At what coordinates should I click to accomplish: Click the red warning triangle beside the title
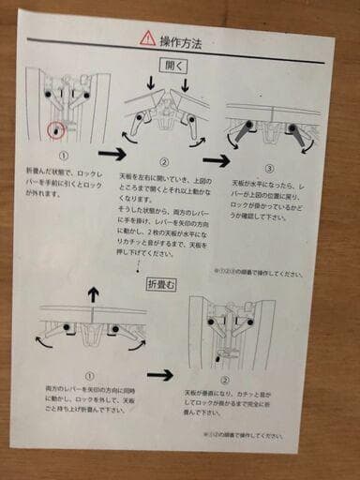(x=146, y=37)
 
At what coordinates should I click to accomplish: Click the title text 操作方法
(x=182, y=39)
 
